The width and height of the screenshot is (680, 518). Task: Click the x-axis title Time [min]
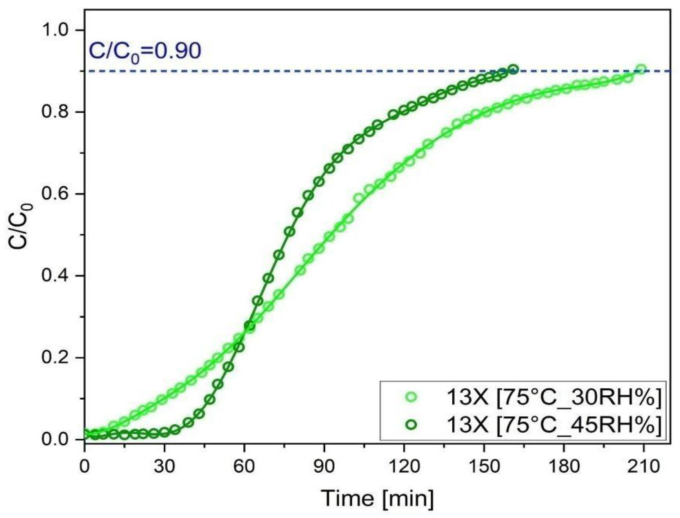pos(377,498)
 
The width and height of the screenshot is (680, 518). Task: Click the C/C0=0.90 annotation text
pos(145,52)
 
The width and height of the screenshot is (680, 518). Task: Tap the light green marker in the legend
pos(411,397)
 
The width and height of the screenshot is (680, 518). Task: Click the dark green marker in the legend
pos(411,425)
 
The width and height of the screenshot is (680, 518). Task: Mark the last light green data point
pos(641,69)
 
